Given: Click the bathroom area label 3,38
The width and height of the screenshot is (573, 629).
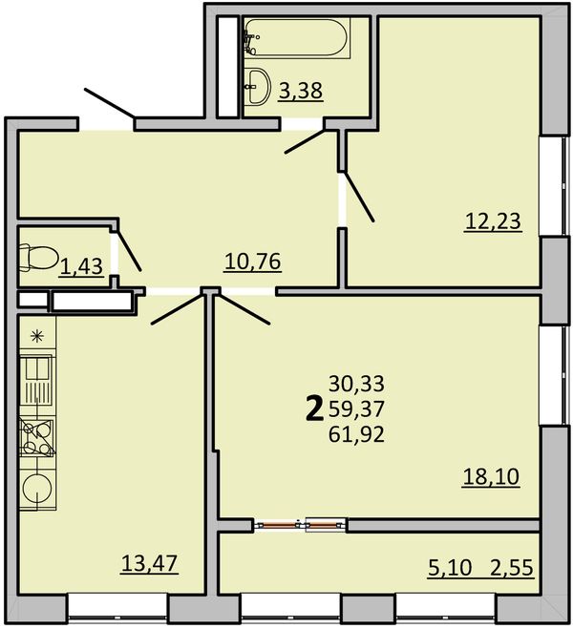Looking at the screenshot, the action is [301, 91].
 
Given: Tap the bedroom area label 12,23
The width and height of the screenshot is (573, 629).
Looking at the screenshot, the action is [493, 221].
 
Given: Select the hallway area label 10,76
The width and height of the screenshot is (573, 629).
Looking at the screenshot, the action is [253, 262].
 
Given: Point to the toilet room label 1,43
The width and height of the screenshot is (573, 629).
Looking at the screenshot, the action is [81, 266].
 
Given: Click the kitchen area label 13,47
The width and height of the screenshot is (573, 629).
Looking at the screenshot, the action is [149, 563].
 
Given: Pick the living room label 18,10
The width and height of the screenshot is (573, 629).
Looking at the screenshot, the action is [491, 477].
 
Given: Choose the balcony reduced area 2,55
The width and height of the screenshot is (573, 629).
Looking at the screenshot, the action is [512, 568].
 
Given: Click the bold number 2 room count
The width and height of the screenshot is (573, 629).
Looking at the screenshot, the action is [314, 409].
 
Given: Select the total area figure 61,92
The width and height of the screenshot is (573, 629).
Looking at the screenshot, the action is [357, 434].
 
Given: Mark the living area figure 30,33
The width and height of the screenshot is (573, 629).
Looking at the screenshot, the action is [357, 384].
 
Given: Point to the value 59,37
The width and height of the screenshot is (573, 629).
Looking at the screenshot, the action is [357, 409].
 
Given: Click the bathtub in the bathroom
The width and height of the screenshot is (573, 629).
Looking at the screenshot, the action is [297, 38].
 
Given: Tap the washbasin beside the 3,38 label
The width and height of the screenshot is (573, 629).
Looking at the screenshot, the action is [257, 86].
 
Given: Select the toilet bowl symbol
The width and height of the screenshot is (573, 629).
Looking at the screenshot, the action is [39, 258].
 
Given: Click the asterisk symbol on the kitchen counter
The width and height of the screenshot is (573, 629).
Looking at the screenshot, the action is [37, 336].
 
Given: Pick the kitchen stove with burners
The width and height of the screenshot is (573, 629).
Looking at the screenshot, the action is [37, 438].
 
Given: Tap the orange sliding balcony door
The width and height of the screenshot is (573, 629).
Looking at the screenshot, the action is [301, 524].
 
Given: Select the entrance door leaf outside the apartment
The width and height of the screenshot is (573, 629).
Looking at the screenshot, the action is [109, 103].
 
